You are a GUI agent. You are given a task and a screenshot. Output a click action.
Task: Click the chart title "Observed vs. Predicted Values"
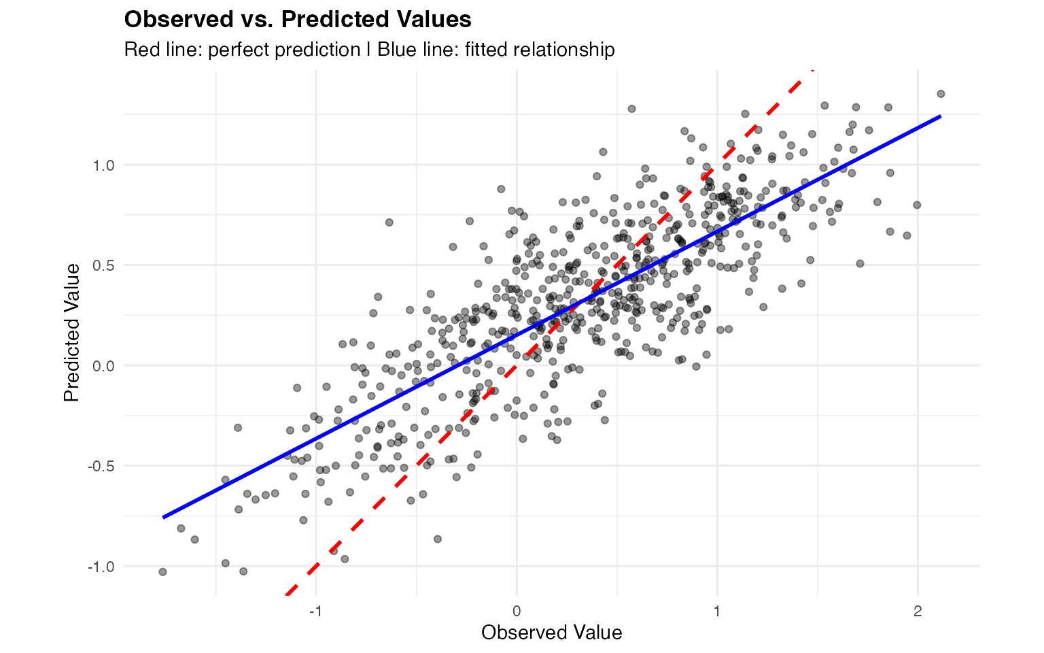coord(298,20)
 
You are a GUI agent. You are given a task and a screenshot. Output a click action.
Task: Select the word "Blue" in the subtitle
coord(396,50)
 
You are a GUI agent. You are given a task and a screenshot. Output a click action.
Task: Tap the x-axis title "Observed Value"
coord(551,633)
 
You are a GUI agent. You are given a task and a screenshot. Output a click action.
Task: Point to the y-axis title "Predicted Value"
coord(72,333)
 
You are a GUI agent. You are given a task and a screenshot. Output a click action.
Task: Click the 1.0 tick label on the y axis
coord(104,165)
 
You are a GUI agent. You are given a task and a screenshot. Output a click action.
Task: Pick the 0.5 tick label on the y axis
coord(104,265)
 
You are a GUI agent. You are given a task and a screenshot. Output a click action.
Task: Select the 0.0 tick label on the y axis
coord(104,366)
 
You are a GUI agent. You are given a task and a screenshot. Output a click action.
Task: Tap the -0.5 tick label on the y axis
coord(101,466)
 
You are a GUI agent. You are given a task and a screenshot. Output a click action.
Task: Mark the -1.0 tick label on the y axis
coord(101,567)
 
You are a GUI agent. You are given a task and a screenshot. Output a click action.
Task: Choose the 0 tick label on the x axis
coord(517,611)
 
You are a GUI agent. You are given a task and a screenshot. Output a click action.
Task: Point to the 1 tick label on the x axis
coord(717,611)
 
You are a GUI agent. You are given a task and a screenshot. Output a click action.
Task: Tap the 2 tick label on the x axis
coord(918,611)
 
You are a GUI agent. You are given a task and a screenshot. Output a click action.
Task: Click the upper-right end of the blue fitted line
coord(941,116)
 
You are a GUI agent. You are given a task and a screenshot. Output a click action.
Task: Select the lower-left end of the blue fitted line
coord(163,517)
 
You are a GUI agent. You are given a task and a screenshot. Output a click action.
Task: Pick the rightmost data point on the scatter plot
coord(941,94)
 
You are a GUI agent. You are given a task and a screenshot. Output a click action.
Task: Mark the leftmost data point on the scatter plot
coord(162,572)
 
